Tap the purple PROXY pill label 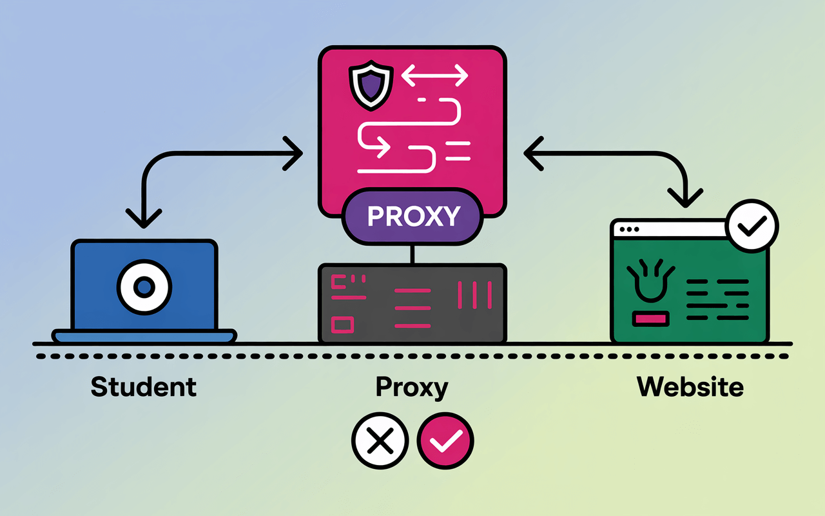click(413, 216)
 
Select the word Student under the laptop click(143, 386)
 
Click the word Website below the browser click(690, 386)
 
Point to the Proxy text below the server click(412, 388)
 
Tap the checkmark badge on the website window click(752, 226)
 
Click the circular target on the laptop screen click(144, 286)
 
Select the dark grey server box click(412, 303)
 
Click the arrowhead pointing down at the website click(685, 195)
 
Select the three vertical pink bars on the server click(474, 294)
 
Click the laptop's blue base click(144, 336)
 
